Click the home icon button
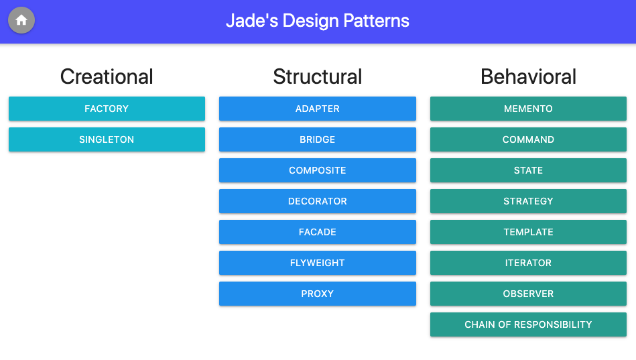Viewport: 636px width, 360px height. coord(21,20)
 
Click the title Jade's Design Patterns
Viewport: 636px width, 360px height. coord(317,21)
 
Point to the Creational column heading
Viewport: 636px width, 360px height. coord(107,76)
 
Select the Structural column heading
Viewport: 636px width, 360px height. coord(317,76)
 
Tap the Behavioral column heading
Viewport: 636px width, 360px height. coord(528,76)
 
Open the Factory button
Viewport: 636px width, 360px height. coord(107,109)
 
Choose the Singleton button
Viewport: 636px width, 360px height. coord(107,139)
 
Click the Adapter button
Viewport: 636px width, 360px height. coord(317,109)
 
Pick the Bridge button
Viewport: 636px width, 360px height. coord(317,139)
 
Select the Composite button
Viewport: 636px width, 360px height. coord(317,170)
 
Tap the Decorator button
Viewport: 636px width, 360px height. coord(317,201)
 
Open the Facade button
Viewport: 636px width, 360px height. coord(317,232)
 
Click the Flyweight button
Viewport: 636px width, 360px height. coord(317,263)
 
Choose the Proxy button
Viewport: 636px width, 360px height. coord(317,294)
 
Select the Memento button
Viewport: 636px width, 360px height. coord(528,109)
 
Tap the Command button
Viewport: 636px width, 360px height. coord(528,139)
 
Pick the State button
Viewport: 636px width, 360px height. coord(528,170)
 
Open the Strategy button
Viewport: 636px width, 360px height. coord(528,201)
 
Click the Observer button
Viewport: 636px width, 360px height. coord(528,294)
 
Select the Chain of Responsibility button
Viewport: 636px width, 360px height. coord(528,324)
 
